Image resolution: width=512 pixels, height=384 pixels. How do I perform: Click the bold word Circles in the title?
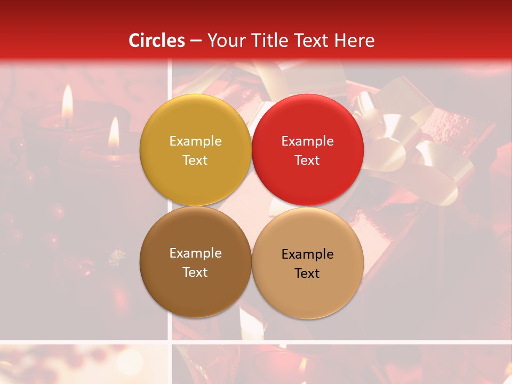coord(157,41)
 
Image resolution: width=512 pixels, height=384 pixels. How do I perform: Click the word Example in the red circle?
coord(307,141)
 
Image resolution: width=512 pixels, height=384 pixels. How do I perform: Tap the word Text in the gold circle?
coord(195,161)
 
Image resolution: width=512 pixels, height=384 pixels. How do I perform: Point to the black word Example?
coord(307,254)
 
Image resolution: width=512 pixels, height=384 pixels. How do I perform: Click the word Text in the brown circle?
coord(195,273)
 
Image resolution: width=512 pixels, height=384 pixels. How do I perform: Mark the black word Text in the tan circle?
coord(307,274)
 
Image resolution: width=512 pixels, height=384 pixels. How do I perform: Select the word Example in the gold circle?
coord(195,141)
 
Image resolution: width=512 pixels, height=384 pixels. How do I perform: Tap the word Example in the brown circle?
coord(195,253)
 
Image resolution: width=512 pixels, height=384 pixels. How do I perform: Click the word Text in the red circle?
coord(307,161)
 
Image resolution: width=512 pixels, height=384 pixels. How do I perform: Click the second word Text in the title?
coord(312,41)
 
